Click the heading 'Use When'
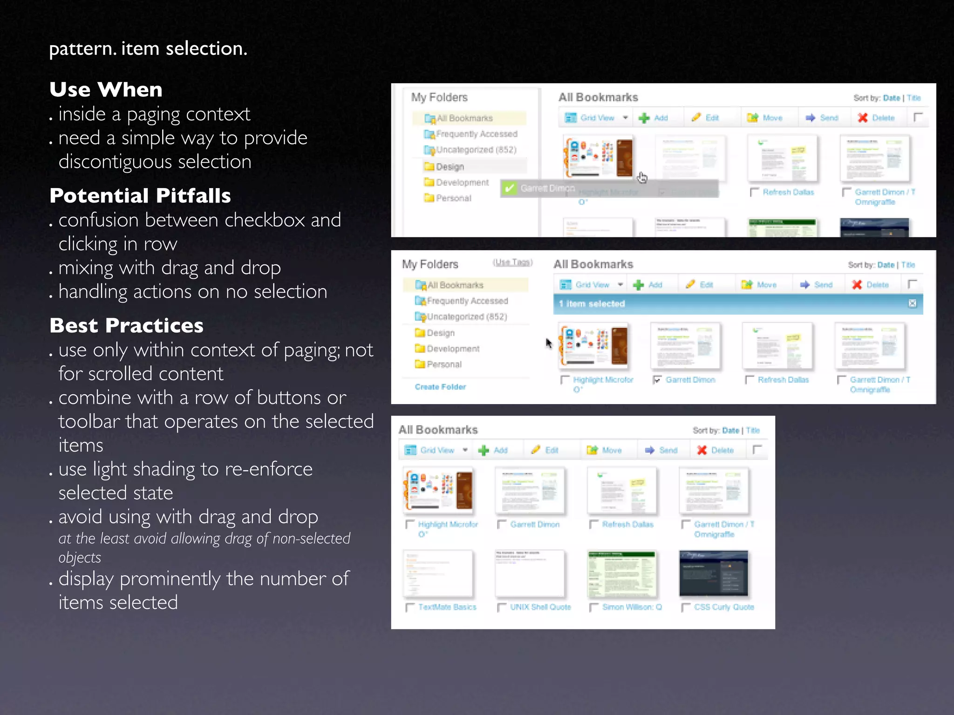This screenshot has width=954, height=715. point(106,89)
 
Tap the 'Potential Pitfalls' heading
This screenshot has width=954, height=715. point(140,196)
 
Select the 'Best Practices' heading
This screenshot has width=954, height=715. point(126,325)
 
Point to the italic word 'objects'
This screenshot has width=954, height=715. point(80,557)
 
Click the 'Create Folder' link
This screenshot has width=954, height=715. point(440,387)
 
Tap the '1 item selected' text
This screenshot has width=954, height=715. point(592,304)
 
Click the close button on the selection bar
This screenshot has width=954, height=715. point(912,304)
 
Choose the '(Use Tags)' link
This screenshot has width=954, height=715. point(512,263)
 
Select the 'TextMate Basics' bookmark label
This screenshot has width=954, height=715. point(447,607)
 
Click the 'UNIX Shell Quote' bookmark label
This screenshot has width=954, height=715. point(540,607)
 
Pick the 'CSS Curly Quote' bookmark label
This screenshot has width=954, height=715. point(724,607)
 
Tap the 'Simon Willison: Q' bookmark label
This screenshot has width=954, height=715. point(632,607)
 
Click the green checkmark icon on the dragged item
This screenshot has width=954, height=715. point(510,188)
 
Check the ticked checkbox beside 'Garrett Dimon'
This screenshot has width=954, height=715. point(657,380)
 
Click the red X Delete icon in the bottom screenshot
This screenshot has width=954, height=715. point(702,450)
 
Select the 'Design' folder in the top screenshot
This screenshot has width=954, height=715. point(450,167)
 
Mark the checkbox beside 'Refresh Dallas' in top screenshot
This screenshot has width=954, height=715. point(754,192)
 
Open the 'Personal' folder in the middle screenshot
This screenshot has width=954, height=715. point(444,364)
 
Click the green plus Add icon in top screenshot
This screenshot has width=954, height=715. point(644,118)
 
